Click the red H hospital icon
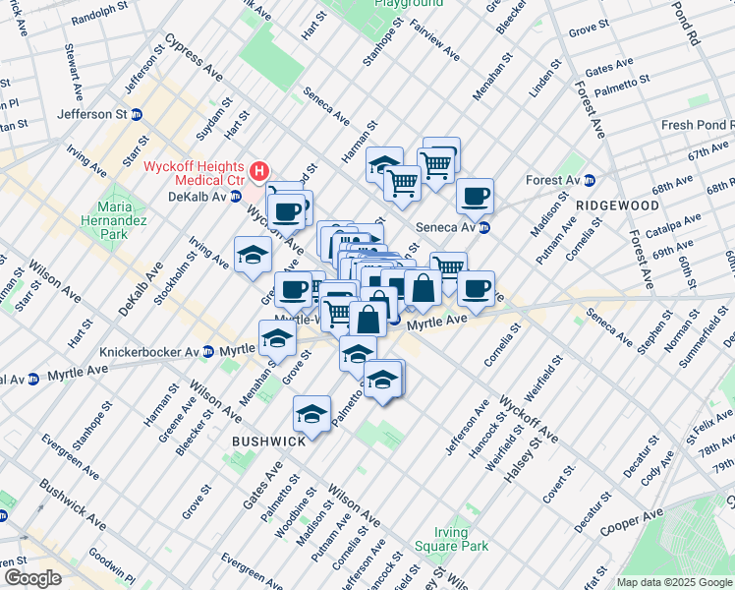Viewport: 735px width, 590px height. (x=259, y=172)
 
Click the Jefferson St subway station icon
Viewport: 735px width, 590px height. (x=137, y=114)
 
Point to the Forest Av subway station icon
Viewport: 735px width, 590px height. (x=589, y=180)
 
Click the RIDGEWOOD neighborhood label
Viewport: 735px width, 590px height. (x=617, y=206)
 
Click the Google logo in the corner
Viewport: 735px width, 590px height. (x=32, y=578)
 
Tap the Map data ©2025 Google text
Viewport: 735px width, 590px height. (x=673, y=582)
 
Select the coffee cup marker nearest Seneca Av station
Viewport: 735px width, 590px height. (x=476, y=195)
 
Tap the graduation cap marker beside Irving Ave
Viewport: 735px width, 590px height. (x=253, y=254)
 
